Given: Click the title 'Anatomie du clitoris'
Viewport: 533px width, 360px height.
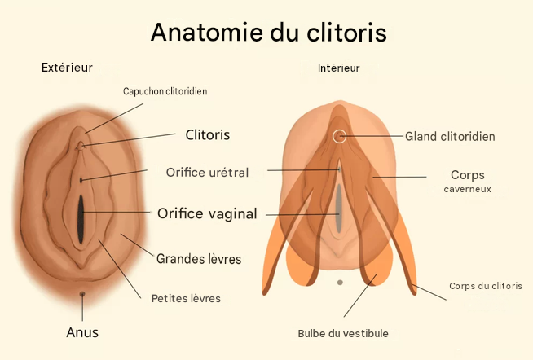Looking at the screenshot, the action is coord(269,33).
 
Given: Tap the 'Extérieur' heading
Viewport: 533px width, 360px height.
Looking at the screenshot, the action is coord(67,68).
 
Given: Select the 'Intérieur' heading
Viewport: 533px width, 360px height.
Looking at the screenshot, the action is coord(338,68).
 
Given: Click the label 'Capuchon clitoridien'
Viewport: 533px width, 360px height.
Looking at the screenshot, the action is coord(165,91).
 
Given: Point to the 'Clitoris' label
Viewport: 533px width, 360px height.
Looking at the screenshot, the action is coord(208,135).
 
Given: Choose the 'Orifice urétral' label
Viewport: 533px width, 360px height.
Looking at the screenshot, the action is coord(207,173).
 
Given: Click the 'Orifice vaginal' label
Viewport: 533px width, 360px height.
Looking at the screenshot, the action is coord(207,214).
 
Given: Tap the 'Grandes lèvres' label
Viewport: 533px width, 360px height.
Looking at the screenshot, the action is coord(199,259).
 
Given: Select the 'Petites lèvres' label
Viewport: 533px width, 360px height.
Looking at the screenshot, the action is coord(186,299).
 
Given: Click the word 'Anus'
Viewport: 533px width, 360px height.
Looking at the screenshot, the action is coord(82,332).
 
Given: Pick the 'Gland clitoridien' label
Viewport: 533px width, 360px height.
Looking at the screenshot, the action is coord(450,137).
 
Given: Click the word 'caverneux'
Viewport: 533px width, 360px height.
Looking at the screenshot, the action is coord(468,189).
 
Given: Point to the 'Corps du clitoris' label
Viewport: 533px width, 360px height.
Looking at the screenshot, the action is coord(486,286).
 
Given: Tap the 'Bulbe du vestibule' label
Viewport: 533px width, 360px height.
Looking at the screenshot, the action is coord(343,333).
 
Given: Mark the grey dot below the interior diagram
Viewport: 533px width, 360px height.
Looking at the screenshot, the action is coord(340,283).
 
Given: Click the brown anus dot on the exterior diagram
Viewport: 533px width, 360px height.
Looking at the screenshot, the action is coord(82,294).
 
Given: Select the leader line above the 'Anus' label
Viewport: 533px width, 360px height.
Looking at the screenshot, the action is coord(82,309).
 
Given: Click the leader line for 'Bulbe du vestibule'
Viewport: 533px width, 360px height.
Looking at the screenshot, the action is coord(360,296).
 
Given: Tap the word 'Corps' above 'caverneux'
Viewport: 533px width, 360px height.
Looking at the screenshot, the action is coord(468,175).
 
